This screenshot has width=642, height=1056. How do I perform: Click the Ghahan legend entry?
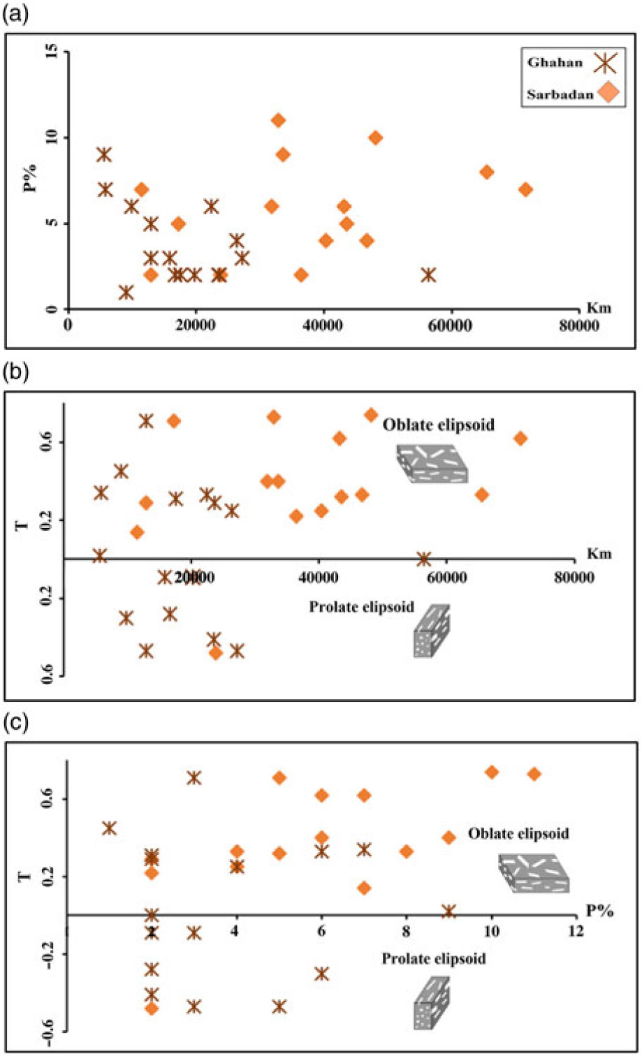pos(555,63)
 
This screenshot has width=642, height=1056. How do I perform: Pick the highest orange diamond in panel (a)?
pos(278,120)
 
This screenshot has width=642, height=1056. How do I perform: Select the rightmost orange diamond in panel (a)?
pos(525,189)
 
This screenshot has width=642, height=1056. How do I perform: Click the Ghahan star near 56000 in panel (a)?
pos(428,275)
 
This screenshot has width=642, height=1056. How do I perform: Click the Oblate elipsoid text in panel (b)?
pos(438,425)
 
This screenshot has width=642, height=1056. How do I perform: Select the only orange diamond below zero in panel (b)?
pos(216,652)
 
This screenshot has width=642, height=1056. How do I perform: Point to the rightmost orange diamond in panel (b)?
pos(520,439)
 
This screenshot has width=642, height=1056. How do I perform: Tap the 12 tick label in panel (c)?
pos(576,932)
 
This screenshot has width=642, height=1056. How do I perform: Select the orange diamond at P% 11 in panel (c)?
pos(534,774)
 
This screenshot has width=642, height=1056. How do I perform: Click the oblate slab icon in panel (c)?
pos(534,873)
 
